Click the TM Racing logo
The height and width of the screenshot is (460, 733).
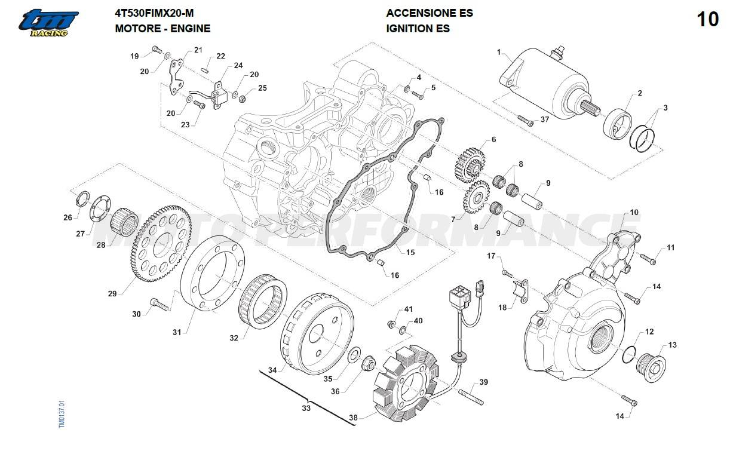pyautogui.click(x=48, y=23)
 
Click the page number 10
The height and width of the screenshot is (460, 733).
pyautogui.click(x=708, y=20)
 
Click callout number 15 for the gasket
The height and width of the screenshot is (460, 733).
pyautogui.click(x=410, y=253)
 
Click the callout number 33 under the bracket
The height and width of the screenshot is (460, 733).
pyautogui.click(x=306, y=409)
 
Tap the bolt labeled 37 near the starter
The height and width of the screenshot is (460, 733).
pyautogui.click(x=526, y=121)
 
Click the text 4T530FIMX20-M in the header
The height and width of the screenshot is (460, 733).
pyautogui.click(x=154, y=13)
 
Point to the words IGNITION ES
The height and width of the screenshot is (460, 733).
pyautogui.click(x=418, y=28)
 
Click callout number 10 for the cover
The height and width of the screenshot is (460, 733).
pyautogui.click(x=634, y=212)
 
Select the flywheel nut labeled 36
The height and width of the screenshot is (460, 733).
pyautogui.click(x=368, y=363)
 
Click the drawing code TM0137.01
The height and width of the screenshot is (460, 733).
pyautogui.click(x=61, y=413)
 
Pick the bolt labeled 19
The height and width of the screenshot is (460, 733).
pyautogui.click(x=157, y=49)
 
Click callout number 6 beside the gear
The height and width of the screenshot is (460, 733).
pyautogui.click(x=493, y=139)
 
